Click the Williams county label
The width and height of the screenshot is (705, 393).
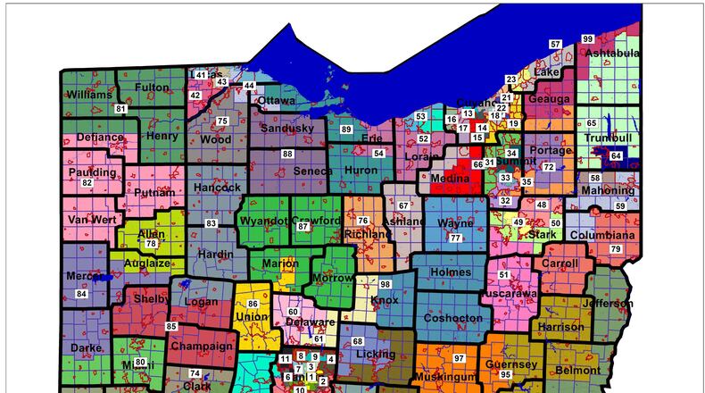[88, 94]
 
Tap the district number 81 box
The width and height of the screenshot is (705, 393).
[120, 109]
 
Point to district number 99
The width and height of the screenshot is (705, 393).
[587, 39]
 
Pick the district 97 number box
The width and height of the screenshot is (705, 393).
[459, 358]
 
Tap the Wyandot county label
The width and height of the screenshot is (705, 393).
[263, 221]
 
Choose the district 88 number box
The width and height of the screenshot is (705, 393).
[287, 154]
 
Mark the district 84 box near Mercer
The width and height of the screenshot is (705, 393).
[81, 294]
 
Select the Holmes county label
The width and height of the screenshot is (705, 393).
[450, 272]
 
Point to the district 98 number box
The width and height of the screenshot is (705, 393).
[386, 284]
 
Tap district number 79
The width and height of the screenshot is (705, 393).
[615, 248]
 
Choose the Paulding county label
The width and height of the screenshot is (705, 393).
[92, 172]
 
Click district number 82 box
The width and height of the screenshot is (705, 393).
[87, 183]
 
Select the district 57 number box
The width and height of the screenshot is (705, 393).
[555, 45]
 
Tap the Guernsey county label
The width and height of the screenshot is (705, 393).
[511, 364]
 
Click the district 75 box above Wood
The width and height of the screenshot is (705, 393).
[222, 121]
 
